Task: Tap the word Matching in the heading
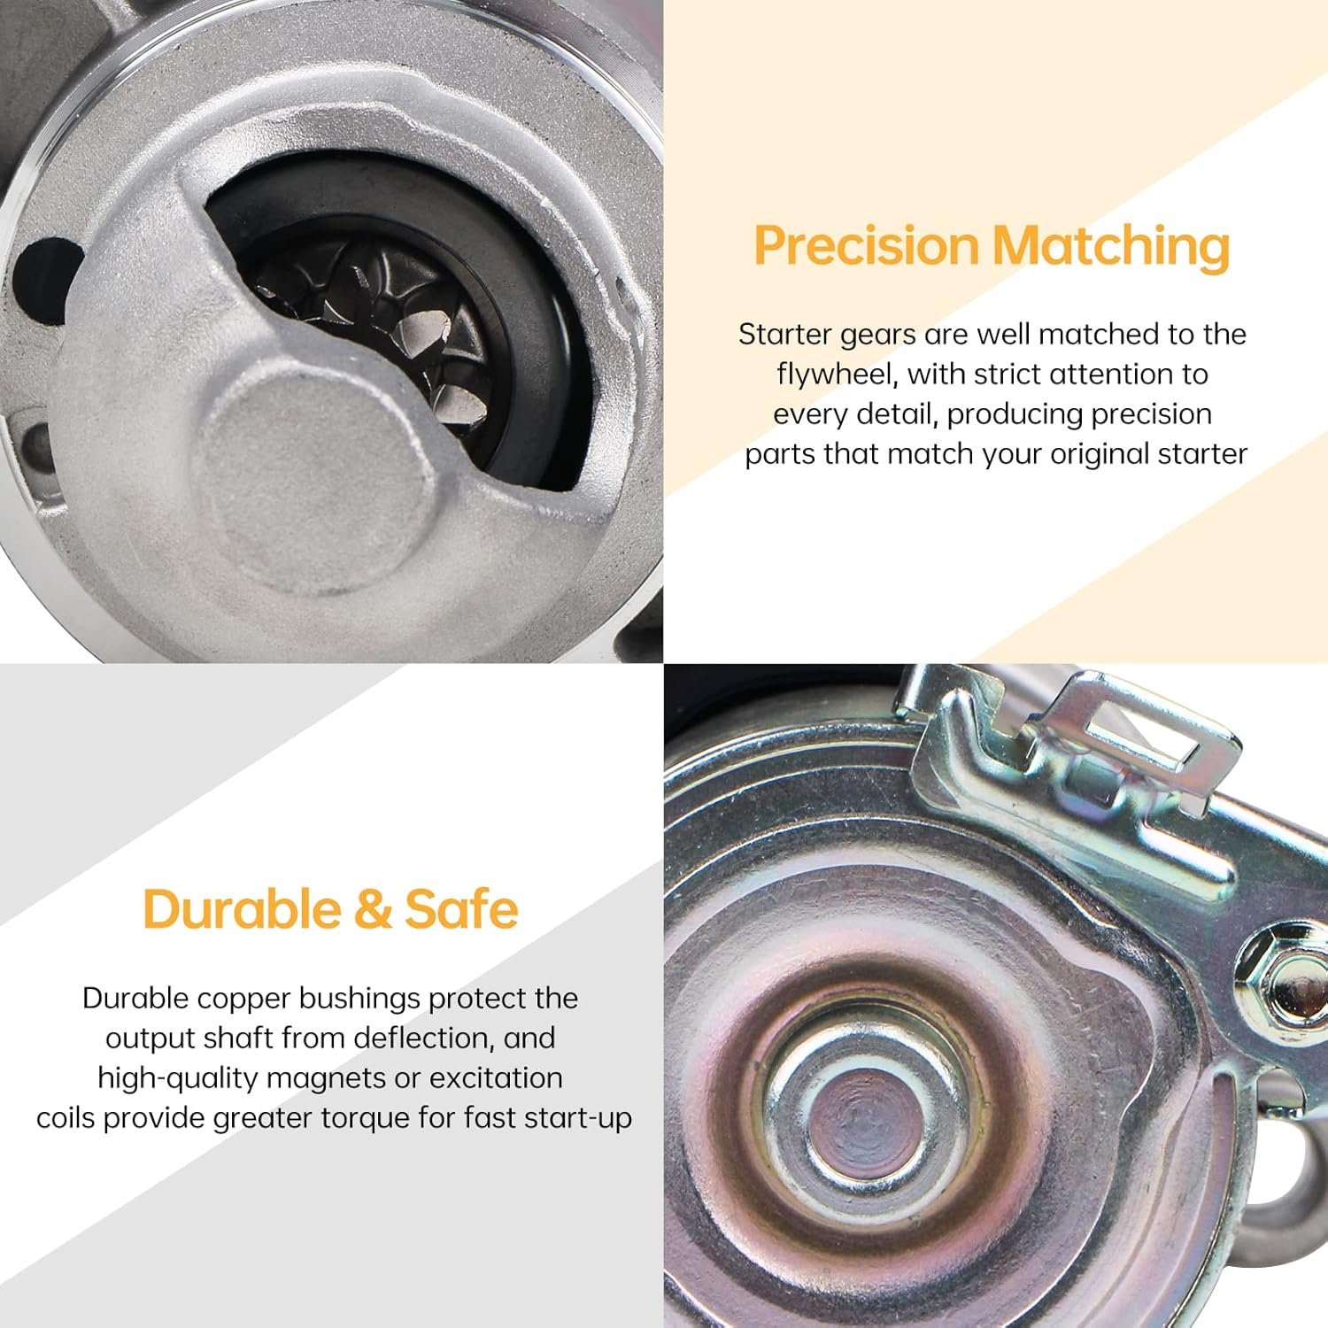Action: (1112, 247)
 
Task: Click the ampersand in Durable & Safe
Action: (372, 910)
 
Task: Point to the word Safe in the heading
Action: (461, 909)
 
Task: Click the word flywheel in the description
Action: (838, 374)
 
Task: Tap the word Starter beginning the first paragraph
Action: (784, 334)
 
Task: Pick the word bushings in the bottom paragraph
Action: (359, 1000)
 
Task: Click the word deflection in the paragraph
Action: (424, 1038)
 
